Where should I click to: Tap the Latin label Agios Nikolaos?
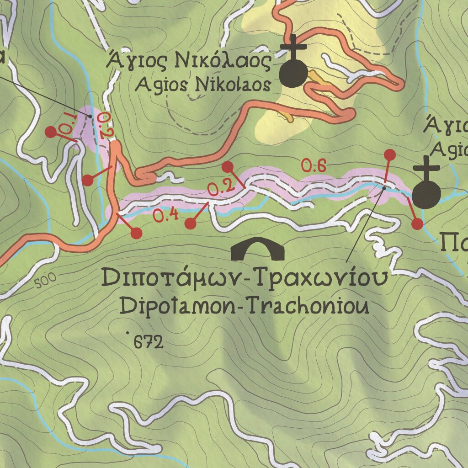coord(203,84)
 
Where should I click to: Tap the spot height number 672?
coord(148,342)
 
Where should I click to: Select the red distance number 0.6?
coord(314,166)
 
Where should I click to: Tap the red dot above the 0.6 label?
coord(389,154)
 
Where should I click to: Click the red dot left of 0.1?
coord(51,132)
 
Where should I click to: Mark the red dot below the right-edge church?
coord(417,224)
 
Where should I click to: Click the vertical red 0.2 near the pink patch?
coord(104,125)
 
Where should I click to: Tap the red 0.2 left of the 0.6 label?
coord(221,187)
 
